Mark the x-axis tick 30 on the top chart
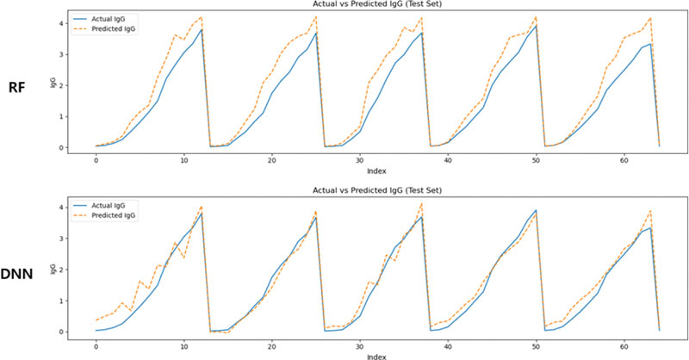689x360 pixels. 360,159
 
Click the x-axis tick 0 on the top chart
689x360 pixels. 96,159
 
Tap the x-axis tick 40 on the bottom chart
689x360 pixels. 448,344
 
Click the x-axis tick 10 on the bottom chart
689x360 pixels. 184,344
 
